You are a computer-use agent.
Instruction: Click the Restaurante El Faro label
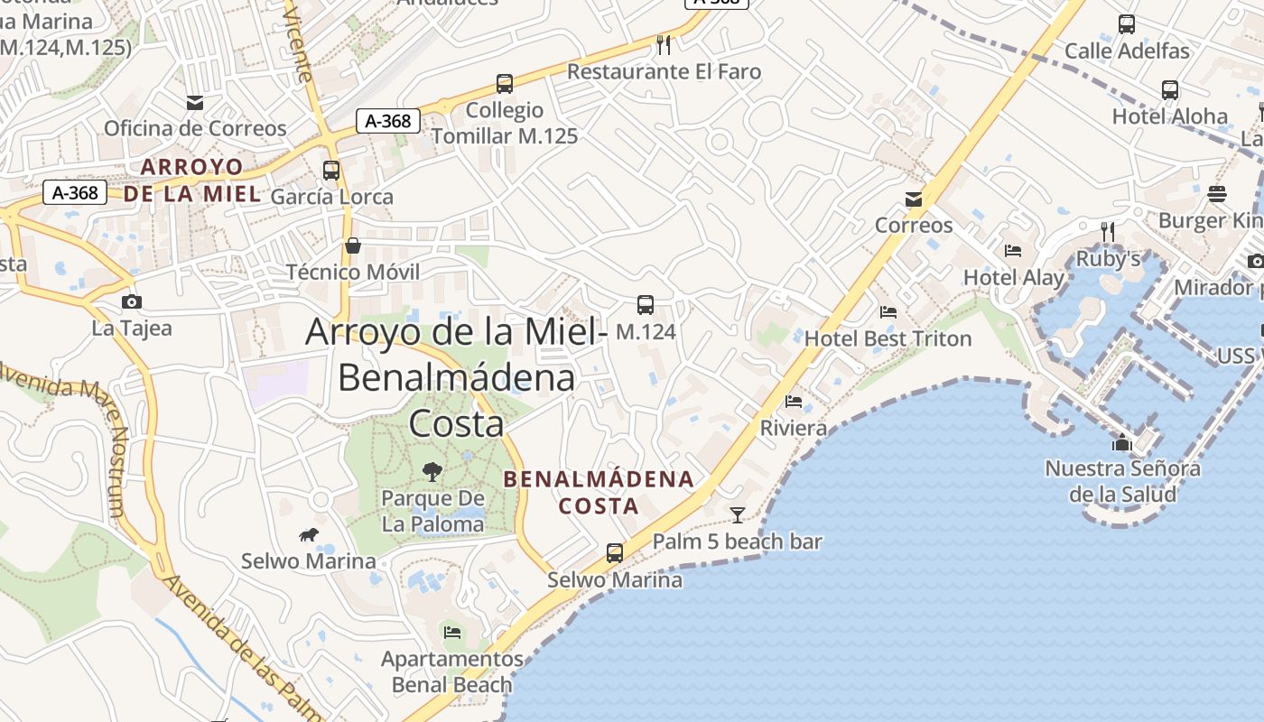coord(664,71)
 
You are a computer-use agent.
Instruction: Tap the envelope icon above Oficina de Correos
coord(195,103)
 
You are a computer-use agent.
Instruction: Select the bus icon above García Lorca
coord(331,171)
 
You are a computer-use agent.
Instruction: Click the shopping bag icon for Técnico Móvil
coord(353,246)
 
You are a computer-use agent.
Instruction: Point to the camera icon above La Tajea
coord(132,302)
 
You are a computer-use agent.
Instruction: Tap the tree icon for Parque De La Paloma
coord(432,470)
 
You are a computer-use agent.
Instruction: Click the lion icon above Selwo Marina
coord(309,535)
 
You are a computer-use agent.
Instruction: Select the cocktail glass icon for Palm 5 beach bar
coord(738,515)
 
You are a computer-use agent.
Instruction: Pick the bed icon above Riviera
coord(794,402)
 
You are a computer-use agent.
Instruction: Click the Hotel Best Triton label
coord(888,338)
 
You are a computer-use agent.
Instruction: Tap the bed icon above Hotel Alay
coord(1013,251)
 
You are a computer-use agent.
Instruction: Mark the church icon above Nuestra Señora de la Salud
coord(1122,442)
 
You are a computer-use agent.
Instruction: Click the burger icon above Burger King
coord(1217,194)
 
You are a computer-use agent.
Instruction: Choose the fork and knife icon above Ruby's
coord(1108,232)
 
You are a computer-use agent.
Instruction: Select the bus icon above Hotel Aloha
coord(1170,90)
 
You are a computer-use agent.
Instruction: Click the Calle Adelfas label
coord(1127,51)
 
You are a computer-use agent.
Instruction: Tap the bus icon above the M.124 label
coord(646,305)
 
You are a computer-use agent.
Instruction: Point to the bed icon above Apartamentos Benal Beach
coord(452,632)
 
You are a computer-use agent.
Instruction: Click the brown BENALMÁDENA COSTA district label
coord(599,492)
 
